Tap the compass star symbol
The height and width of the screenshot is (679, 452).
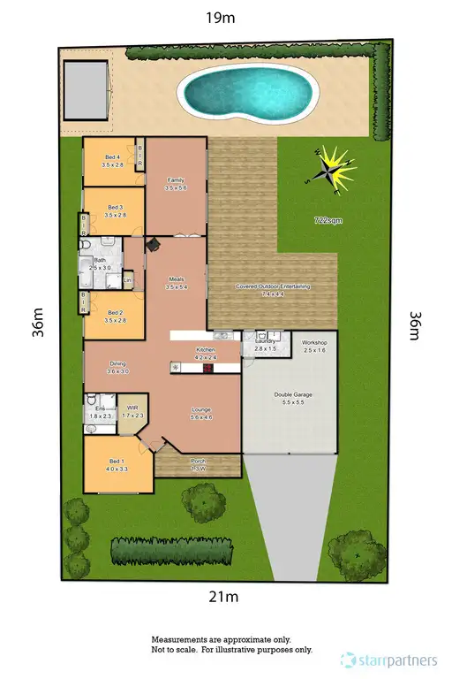335,167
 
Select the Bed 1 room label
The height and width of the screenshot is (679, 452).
117,465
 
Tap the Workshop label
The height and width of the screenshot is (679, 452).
315,347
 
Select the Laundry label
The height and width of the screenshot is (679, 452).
266,346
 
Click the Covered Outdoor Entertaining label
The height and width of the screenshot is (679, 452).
273,289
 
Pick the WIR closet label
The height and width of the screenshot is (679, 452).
132,411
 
